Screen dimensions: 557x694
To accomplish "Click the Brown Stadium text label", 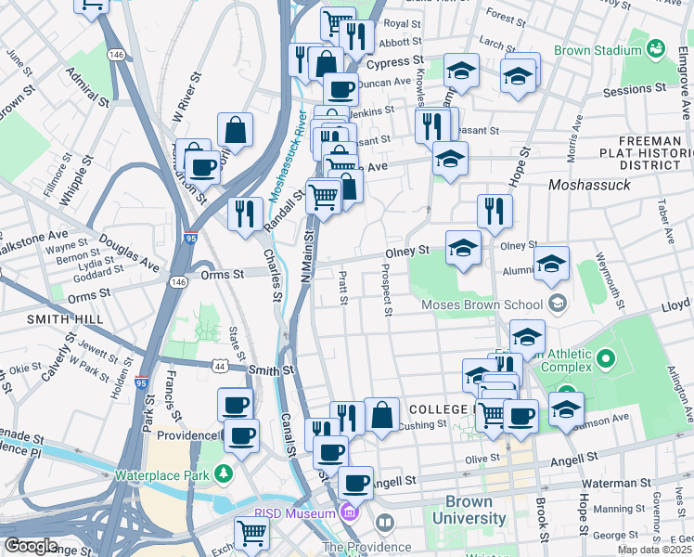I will (x=597, y=50).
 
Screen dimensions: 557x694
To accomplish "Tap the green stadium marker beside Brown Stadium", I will (x=657, y=47).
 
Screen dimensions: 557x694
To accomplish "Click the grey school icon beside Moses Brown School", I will (x=557, y=303).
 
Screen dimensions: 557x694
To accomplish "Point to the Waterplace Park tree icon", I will (x=224, y=474).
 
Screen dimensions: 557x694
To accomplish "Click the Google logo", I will (x=31, y=546).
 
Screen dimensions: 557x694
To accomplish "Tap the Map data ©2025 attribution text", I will (x=654, y=550).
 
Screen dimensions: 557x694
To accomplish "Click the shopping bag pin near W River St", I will (x=236, y=130).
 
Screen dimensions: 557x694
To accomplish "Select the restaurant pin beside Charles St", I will (x=244, y=214).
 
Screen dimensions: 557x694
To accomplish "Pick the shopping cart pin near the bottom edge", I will (x=251, y=533).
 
